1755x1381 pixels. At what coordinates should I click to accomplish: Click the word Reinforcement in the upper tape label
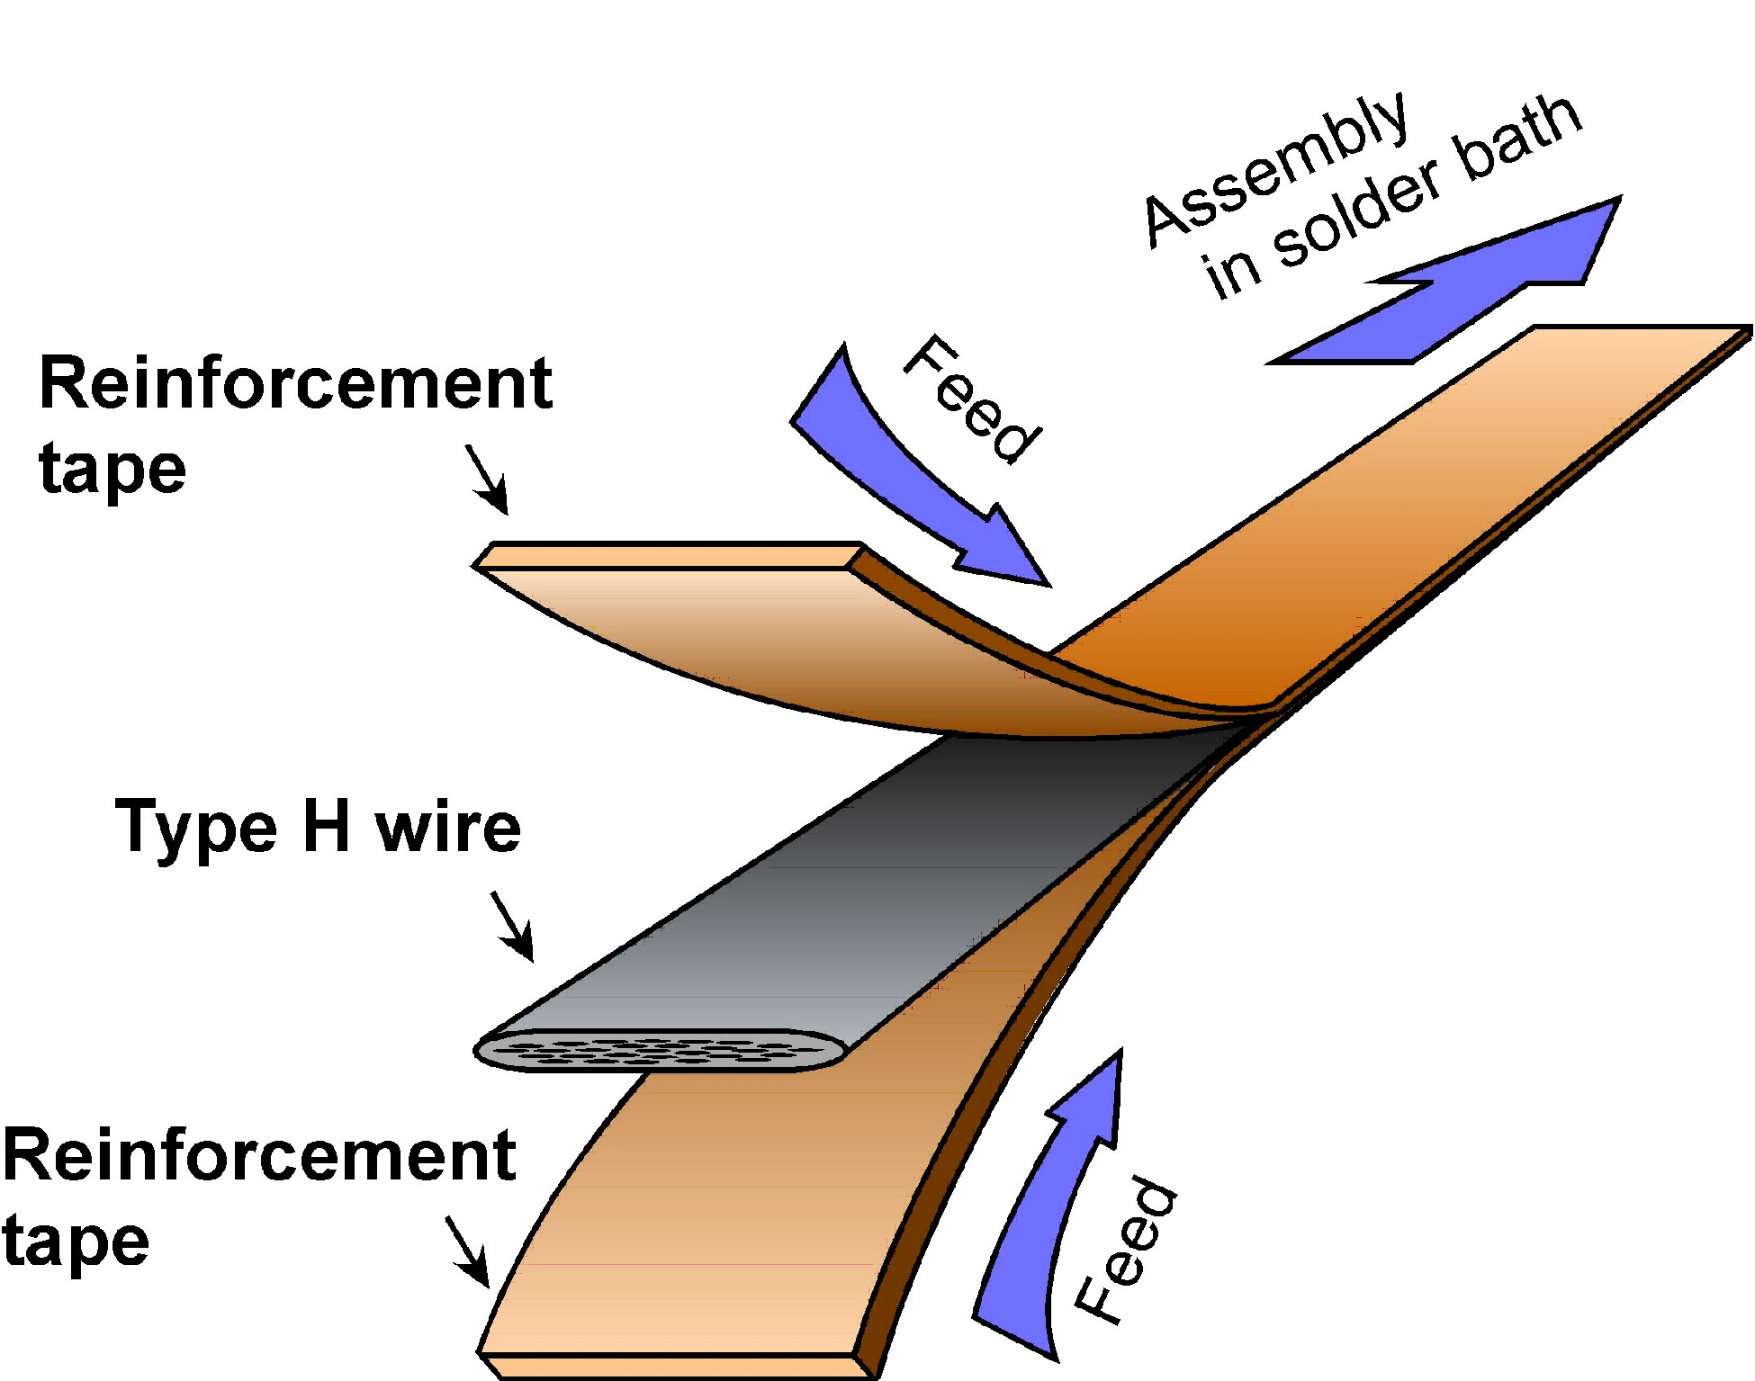[x=295, y=383]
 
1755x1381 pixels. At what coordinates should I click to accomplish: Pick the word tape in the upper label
[x=112, y=469]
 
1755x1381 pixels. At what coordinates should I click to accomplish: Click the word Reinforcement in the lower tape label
[x=259, y=1155]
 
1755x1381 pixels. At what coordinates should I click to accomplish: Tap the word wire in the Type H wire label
[x=448, y=828]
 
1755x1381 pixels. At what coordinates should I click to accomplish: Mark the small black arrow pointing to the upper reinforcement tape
[x=488, y=480]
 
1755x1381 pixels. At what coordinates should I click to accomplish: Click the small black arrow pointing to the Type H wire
[x=512, y=927]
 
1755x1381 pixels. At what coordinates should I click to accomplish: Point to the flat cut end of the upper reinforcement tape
[x=666, y=556]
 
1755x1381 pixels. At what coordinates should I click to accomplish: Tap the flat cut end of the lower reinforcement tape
[x=675, y=1366]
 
